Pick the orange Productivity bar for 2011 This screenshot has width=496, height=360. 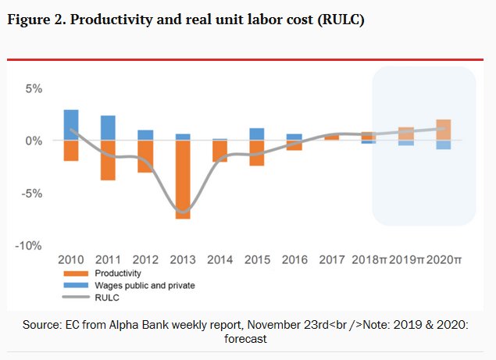(x=108, y=160)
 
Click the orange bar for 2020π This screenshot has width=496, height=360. (x=444, y=130)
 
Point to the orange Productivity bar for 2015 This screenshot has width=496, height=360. (x=257, y=153)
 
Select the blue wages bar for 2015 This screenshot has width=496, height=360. (x=257, y=134)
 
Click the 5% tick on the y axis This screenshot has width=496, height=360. (x=33, y=88)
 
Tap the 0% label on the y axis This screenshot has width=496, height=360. (x=33, y=141)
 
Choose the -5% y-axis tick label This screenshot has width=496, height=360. (x=30, y=193)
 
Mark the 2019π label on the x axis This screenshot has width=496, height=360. (x=406, y=258)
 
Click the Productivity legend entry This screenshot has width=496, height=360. (x=117, y=273)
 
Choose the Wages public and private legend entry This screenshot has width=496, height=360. (x=144, y=285)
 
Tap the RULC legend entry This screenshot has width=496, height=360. (x=106, y=297)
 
